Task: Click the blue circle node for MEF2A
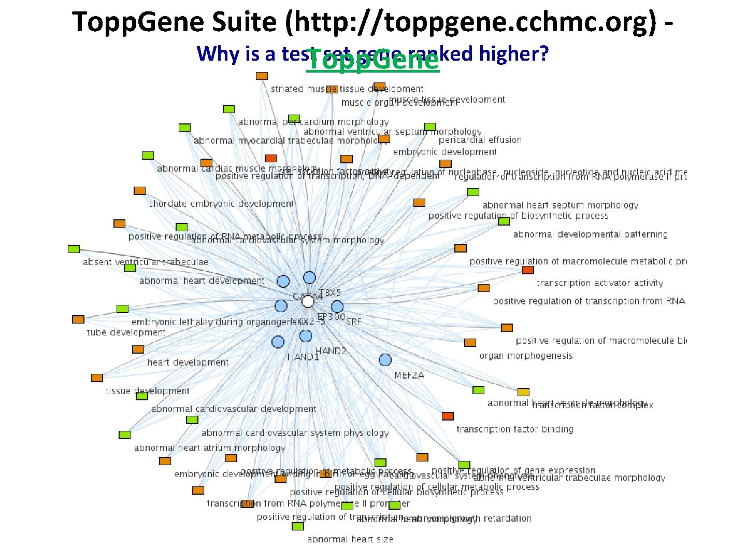(385, 360)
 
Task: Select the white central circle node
(308, 301)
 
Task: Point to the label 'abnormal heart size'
(350, 539)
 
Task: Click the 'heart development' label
(188, 362)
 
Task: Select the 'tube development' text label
(126, 332)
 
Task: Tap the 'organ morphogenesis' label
(526, 356)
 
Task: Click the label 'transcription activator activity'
(600, 283)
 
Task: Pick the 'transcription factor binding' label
(515, 429)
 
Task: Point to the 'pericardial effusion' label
(480, 140)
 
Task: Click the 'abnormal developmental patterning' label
(590, 234)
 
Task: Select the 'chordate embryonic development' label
(221, 204)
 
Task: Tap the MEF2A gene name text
(409, 375)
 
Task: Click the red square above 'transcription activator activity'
(528, 270)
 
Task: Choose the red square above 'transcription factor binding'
(448, 416)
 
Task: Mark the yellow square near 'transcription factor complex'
(523, 392)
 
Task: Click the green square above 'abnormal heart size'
(297, 526)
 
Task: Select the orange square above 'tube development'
(78, 319)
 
